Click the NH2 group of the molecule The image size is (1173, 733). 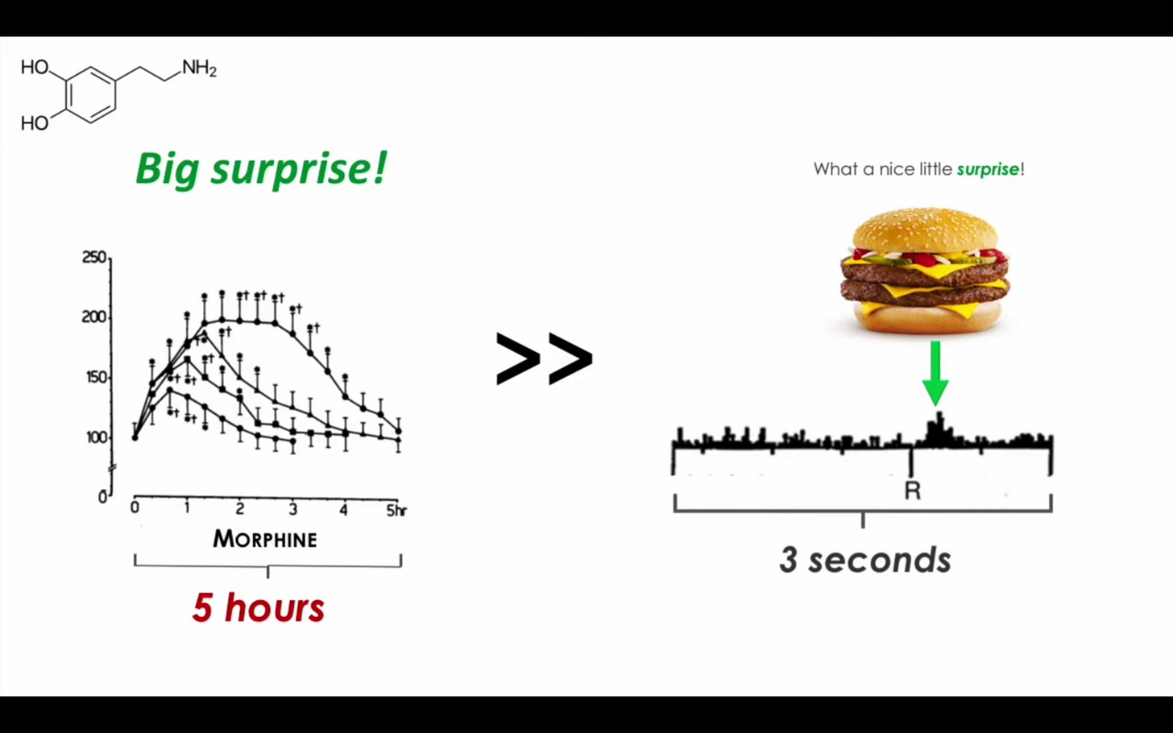coord(199,68)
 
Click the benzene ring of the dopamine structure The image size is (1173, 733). coord(90,95)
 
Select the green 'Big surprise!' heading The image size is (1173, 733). coord(261,168)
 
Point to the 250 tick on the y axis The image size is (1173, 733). coord(94,257)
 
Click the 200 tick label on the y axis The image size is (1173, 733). coord(94,317)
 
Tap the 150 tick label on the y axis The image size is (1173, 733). coord(96,378)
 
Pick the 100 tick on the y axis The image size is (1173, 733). coord(97,437)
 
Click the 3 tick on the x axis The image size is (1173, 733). coord(293,509)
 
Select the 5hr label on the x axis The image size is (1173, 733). coord(396,511)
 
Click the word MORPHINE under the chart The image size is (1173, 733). coord(265,540)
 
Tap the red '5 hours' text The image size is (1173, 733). coord(259,608)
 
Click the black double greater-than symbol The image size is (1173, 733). coord(544,359)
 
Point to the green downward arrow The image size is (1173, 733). coord(935,373)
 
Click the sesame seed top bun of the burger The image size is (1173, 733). coord(926,230)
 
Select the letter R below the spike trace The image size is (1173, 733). coord(913,491)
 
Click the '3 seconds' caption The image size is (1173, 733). coord(865,560)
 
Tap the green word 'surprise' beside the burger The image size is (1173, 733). coord(989,169)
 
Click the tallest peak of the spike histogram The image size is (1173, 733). coord(939,416)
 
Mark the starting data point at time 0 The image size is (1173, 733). coord(135,437)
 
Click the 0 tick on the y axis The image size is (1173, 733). coord(103,496)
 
